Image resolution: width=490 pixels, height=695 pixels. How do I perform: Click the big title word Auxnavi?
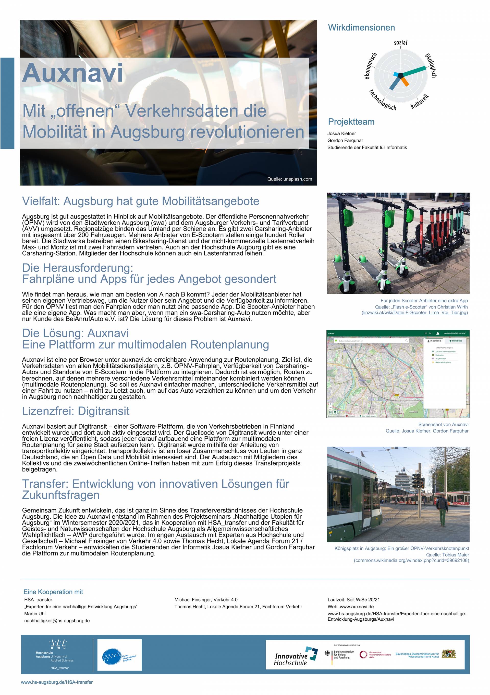click(x=72, y=73)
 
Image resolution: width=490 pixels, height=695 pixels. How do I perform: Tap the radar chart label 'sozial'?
click(x=400, y=42)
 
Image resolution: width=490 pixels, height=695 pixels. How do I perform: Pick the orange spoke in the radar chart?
click(x=405, y=80)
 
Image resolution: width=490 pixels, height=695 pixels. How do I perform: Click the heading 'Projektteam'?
click(x=351, y=122)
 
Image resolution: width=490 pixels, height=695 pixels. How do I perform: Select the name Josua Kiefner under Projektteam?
click(x=341, y=133)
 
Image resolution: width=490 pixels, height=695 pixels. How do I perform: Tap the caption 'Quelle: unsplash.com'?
click(x=289, y=179)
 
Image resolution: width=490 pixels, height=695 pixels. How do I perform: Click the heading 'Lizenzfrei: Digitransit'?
click(x=76, y=411)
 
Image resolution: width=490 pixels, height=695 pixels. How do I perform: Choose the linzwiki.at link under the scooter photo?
click(x=414, y=312)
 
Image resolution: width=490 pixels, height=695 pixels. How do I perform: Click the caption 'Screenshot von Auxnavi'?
click(x=443, y=424)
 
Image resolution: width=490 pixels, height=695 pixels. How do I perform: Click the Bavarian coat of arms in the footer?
click(x=449, y=654)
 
